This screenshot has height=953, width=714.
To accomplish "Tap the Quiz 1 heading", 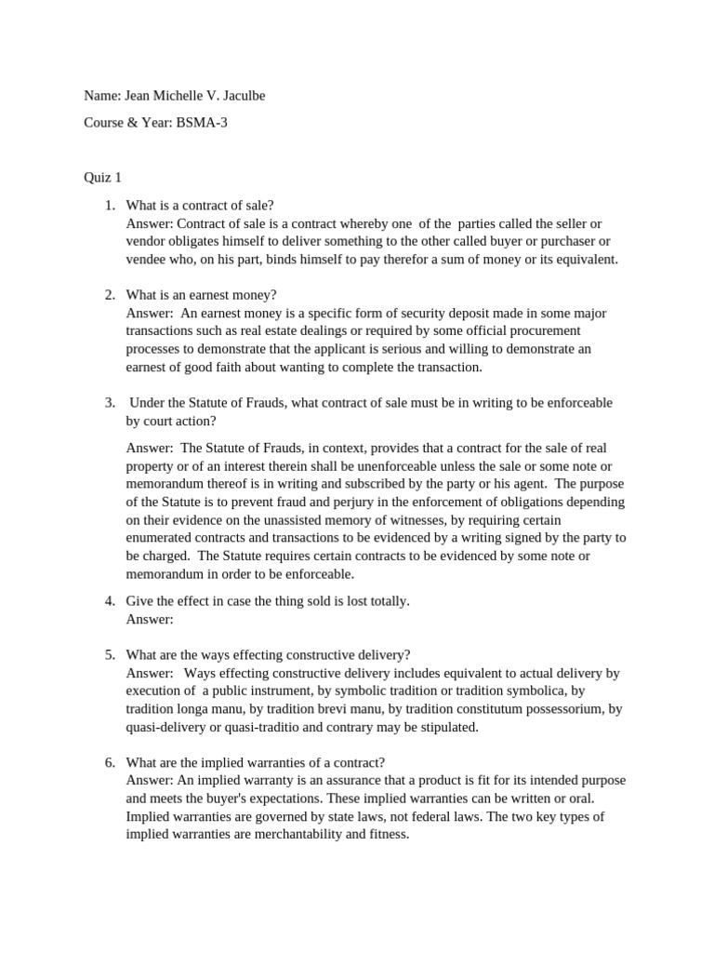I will click(x=102, y=177).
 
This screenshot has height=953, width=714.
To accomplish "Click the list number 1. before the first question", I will click(x=110, y=206).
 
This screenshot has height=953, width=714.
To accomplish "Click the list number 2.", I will click(x=110, y=295).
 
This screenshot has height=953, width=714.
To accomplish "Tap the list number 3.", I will click(x=110, y=402).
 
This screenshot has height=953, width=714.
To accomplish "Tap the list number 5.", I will click(x=110, y=654).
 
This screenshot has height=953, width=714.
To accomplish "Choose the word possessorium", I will click(x=562, y=708).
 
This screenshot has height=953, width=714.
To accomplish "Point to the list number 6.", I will click(x=110, y=762).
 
